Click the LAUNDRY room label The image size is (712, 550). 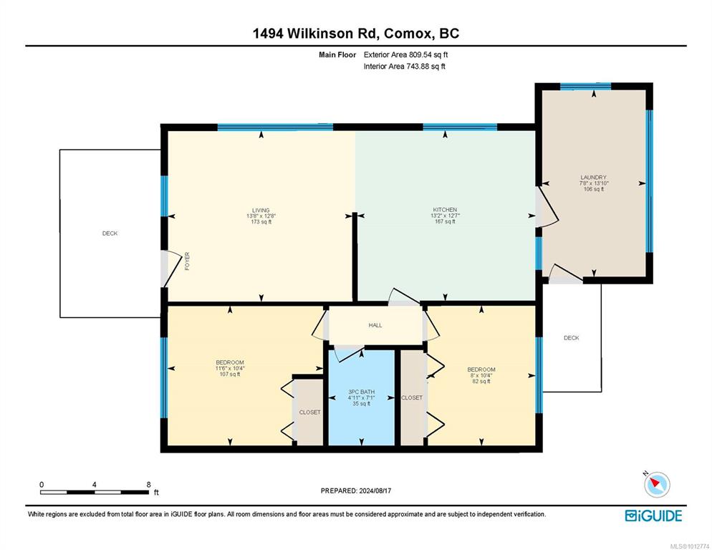[594, 177]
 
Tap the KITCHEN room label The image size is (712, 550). [445, 209]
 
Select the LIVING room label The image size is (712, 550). [261, 211]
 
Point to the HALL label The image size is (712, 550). [375, 325]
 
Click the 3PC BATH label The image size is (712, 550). [362, 392]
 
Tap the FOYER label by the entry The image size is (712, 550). [187, 261]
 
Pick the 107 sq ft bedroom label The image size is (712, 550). [230, 362]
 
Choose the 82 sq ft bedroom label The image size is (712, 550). [481, 370]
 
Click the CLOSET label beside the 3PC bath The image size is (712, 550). [412, 397]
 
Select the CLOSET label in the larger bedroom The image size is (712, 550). [309, 412]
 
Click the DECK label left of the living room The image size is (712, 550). [110, 233]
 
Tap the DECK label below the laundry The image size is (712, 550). [571, 338]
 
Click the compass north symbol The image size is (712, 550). [657, 484]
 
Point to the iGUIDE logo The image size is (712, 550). [653, 516]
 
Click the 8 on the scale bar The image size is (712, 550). [148, 485]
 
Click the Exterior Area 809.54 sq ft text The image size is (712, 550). [406, 54]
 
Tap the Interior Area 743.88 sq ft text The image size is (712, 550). [405, 67]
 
